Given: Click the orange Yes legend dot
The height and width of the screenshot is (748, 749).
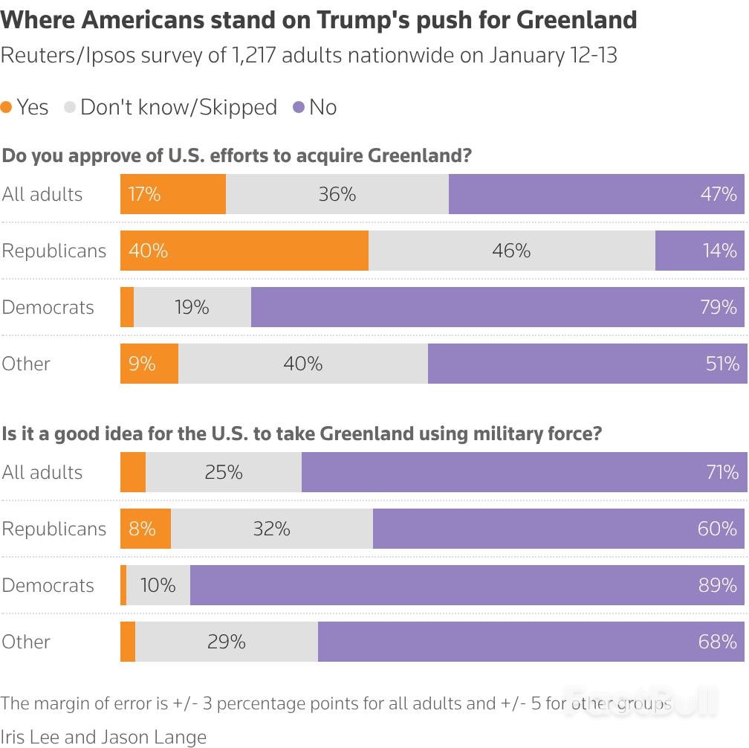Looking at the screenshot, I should (x=7, y=107).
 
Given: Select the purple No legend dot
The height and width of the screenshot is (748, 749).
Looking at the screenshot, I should (x=299, y=107).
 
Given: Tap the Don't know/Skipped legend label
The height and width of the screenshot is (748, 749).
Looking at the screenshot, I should (x=178, y=107).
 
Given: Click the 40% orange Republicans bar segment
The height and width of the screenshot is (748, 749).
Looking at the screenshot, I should (x=244, y=251).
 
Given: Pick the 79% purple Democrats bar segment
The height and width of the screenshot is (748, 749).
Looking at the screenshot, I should (x=498, y=307).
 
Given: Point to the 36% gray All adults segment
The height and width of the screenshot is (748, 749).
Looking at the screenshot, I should (x=337, y=194).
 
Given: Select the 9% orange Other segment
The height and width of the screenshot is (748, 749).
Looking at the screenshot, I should (x=149, y=364).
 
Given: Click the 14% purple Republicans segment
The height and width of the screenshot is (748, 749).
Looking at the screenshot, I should (x=699, y=251).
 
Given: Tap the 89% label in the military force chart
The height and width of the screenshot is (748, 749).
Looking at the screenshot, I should (x=718, y=585).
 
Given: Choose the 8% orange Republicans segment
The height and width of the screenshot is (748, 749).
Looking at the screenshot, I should (x=146, y=529).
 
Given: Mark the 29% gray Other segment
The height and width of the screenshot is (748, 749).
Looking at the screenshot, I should (x=227, y=642).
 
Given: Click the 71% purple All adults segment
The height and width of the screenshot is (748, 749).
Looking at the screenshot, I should (x=522, y=472).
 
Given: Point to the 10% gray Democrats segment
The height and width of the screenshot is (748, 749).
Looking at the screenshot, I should (x=158, y=585).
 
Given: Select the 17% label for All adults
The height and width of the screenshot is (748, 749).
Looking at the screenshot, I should (x=144, y=194).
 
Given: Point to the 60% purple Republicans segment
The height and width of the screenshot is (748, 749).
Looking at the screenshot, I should (x=558, y=529).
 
